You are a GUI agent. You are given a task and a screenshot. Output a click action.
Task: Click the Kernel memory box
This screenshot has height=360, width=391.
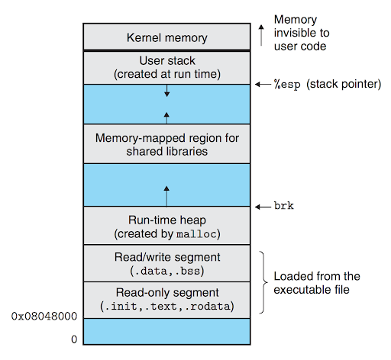click(x=166, y=37)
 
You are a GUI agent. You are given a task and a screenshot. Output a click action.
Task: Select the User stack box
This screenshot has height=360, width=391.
click(x=166, y=67)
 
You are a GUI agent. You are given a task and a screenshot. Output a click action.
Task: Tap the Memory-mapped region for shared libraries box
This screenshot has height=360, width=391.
click(x=166, y=144)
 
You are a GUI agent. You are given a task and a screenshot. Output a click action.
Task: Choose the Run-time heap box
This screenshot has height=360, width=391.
click(x=166, y=225)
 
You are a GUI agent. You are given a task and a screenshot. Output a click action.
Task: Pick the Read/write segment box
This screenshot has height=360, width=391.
click(x=166, y=262)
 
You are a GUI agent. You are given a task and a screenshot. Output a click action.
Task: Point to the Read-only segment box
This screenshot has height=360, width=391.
click(x=166, y=298)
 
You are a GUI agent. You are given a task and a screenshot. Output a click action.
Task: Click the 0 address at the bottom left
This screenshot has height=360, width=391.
click(x=74, y=338)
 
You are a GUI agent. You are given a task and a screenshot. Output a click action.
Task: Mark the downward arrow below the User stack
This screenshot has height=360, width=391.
click(x=166, y=92)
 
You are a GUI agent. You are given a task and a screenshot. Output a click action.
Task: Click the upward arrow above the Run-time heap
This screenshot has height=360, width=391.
click(x=166, y=190)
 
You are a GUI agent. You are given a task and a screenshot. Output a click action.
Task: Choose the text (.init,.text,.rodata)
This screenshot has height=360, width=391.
click(x=166, y=306)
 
